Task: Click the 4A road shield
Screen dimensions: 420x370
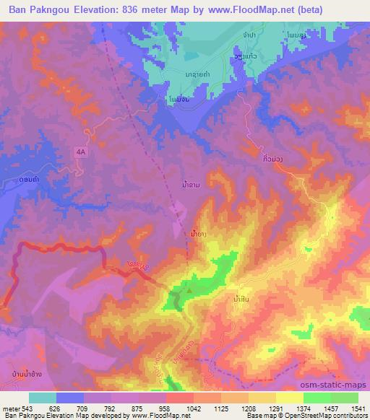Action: click(80, 152)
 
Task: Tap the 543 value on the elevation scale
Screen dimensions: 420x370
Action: click(27, 408)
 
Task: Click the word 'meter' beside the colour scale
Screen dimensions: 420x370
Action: click(10, 408)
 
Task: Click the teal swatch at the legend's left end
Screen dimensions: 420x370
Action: click(42, 398)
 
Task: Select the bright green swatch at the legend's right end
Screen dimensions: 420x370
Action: click(344, 398)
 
